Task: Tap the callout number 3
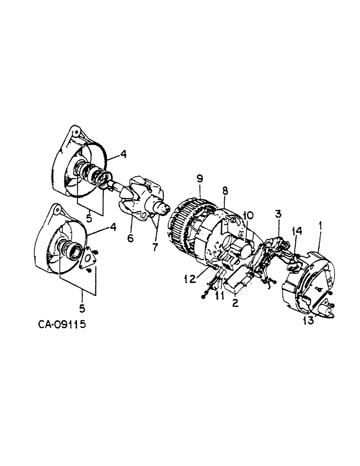pos(278,215)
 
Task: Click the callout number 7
pos(154,245)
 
